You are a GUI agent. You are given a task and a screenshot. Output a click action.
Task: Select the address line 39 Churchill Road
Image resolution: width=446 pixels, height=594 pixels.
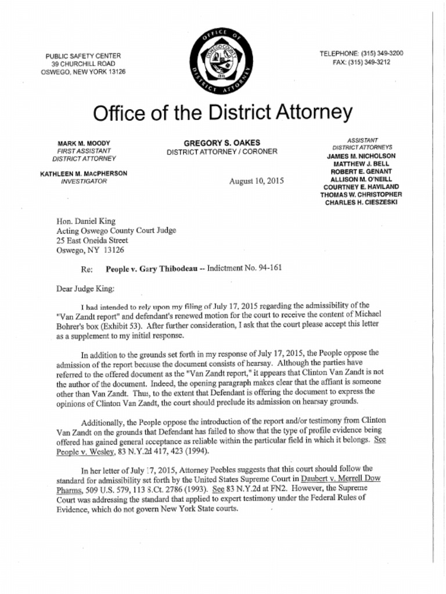(x=83, y=64)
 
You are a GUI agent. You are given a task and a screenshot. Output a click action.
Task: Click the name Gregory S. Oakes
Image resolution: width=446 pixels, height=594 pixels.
(x=222, y=143)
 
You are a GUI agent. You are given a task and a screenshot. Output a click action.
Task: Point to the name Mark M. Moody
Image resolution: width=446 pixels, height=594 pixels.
(x=84, y=143)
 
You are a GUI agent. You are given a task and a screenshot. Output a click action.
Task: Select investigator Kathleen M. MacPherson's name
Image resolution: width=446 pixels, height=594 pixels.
(x=84, y=173)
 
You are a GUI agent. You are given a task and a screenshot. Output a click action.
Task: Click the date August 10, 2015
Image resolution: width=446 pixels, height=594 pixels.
(x=257, y=181)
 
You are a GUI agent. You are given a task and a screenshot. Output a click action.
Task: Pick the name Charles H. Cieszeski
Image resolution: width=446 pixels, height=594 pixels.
(x=360, y=203)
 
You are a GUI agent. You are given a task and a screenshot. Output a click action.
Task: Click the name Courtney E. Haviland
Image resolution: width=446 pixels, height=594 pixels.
(x=361, y=187)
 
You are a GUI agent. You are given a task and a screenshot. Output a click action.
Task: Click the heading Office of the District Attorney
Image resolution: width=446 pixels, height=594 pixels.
(x=222, y=113)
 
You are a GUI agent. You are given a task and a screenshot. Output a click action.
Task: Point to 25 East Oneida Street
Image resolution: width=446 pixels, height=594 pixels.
(x=92, y=240)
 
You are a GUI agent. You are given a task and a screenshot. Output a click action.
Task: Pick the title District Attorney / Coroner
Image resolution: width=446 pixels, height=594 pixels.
(x=222, y=152)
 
